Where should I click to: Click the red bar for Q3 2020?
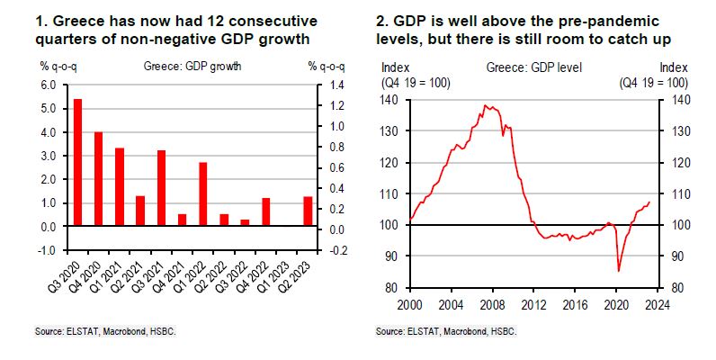77,163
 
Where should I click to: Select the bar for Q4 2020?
98,179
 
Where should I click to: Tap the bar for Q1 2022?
203,194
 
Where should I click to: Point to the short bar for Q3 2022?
245,223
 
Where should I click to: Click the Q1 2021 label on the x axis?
114,269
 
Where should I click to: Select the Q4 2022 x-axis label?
260,269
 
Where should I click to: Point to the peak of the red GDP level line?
487,105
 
